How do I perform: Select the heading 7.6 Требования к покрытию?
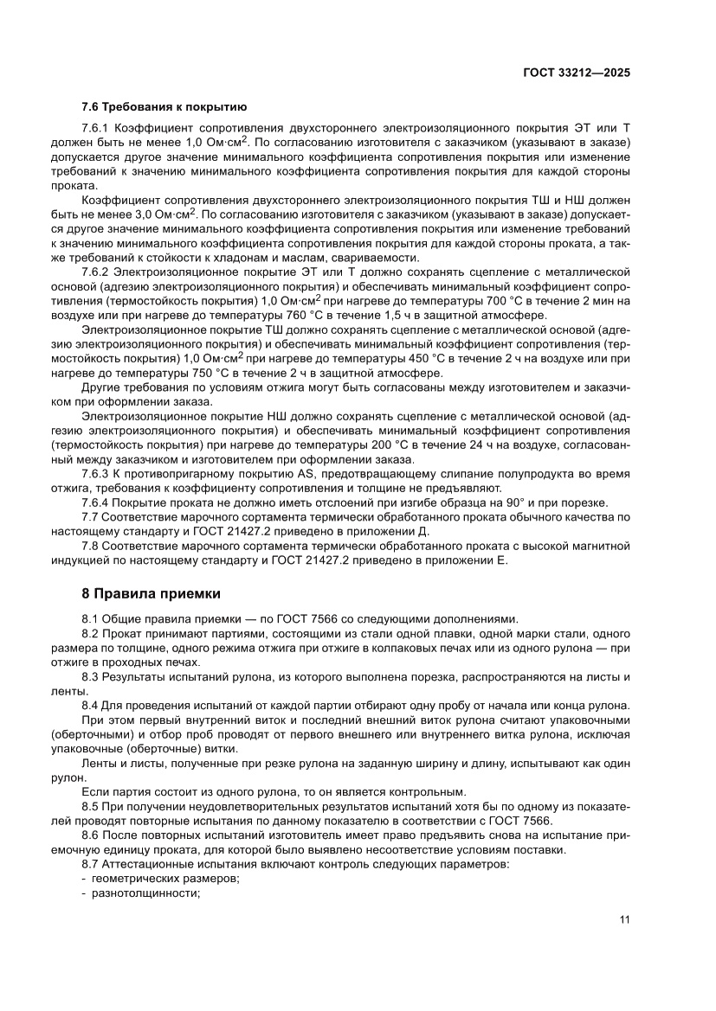click(x=164, y=107)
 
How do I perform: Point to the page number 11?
click(x=623, y=919)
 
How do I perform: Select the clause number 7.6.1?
click(x=94, y=128)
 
